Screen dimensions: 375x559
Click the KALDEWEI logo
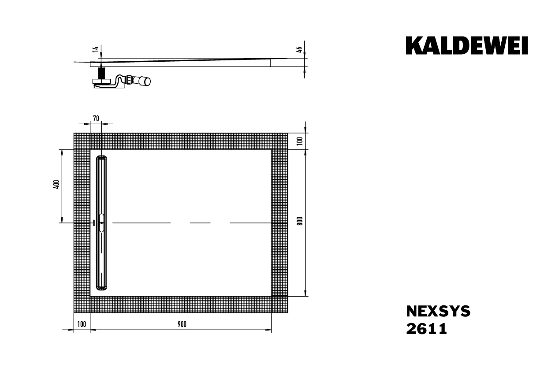pyautogui.click(x=467, y=46)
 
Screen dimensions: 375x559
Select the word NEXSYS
pyautogui.click(x=438, y=312)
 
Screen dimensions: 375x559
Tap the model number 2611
pyautogui.click(x=426, y=329)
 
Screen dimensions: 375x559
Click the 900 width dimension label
pyautogui.click(x=182, y=324)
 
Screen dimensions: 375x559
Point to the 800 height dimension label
pyautogui.click(x=300, y=222)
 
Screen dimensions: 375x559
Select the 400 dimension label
pyautogui.click(x=56, y=185)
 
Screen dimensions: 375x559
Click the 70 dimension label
pyautogui.click(x=96, y=118)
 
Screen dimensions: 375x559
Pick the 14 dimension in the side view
pyautogui.click(x=95, y=49)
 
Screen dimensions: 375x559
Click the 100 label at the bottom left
pyautogui.click(x=82, y=324)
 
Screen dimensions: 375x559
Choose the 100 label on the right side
pyautogui.click(x=300, y=141)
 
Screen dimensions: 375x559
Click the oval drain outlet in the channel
pyautogui.click(x=102, y=223)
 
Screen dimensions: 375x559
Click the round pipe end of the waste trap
pyautogui.click(x=146, y=81)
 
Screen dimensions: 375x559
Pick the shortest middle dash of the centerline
pyautogui.click(x=200, y=223)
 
